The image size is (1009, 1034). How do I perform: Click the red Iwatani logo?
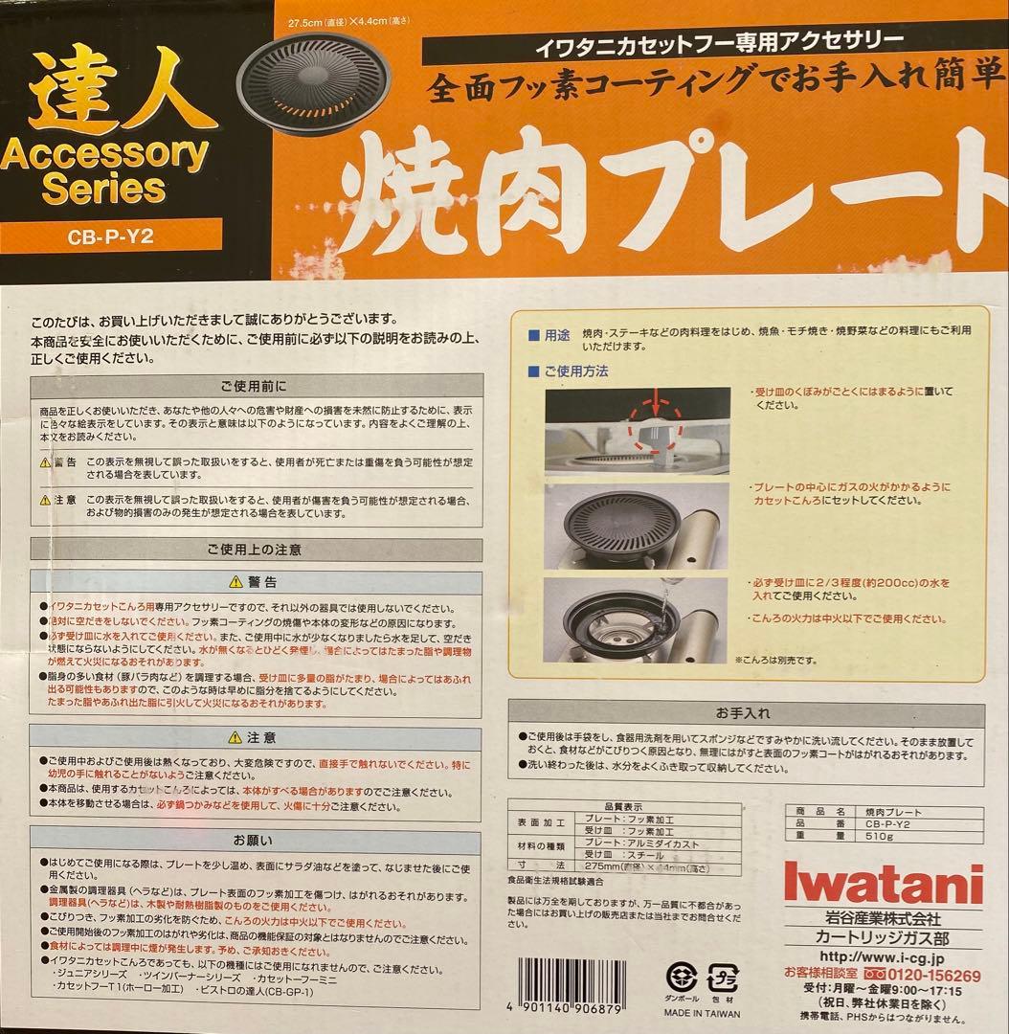pos(883,882)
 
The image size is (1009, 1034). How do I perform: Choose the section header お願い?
pos(254,841)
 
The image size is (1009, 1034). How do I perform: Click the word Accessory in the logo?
pos(105,151)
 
